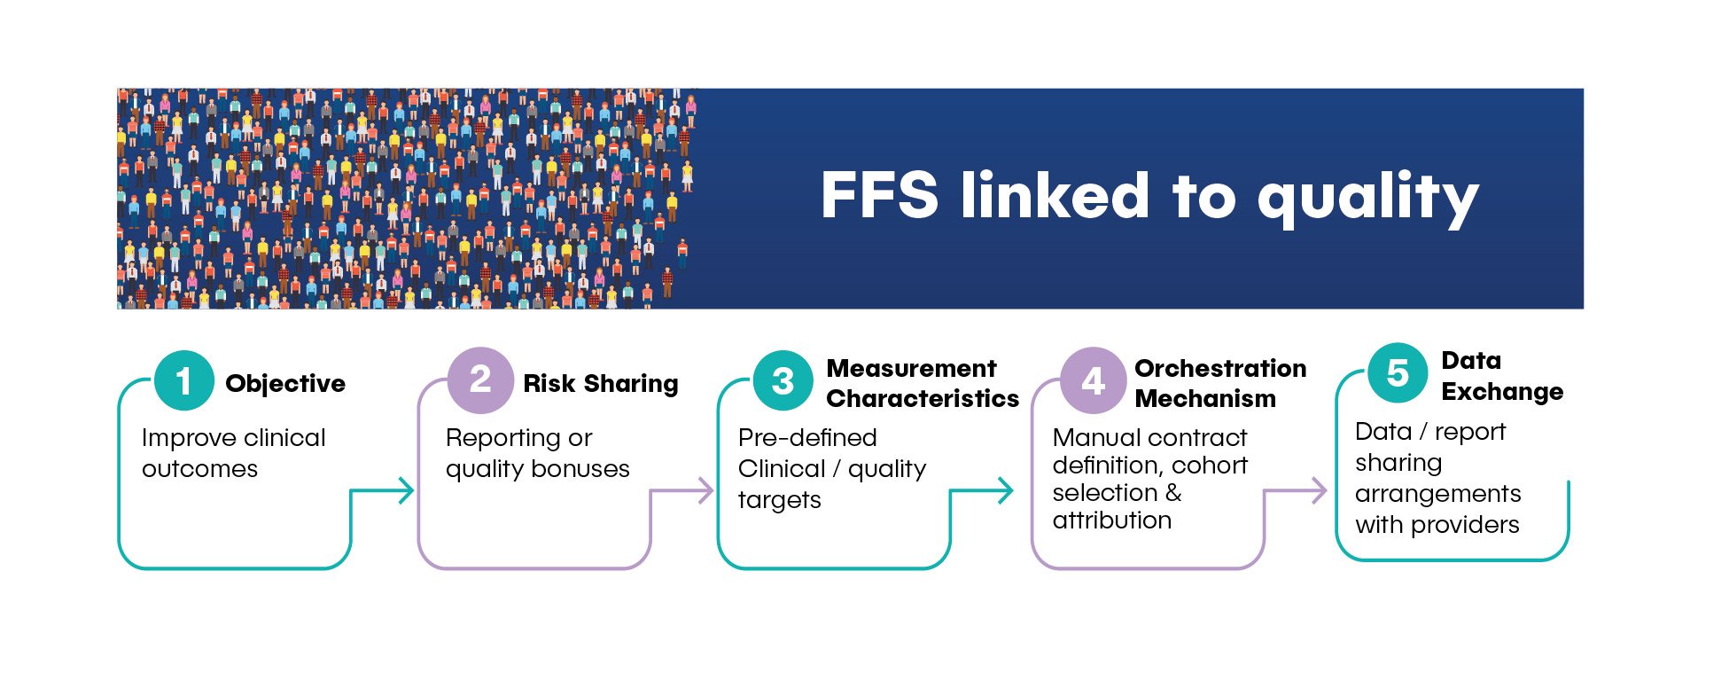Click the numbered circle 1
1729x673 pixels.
tap(183, 381)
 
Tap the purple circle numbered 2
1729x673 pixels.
tap(480, 380)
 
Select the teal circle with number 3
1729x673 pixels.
tap(783, 381)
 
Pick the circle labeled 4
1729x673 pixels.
tap(1093, 380)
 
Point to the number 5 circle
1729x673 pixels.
tap(1398, 373)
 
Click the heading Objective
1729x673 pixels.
tap(285, 384)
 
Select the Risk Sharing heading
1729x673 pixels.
tap(601, 384)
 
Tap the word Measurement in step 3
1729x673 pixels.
tap(911, 368)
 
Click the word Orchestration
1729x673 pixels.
tap(1220, 368)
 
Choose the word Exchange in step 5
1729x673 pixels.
tap(1502, 392)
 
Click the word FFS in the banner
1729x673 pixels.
tap(879, 195)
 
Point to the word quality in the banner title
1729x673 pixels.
tap(1367, 200)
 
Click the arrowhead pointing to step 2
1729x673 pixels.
tap(407, 490)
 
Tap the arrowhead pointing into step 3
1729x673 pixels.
tap(705, 490)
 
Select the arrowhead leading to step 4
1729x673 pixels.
tap(1005, 490)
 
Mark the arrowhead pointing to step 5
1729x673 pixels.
tap(1319, 490)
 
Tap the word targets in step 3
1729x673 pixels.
tap(780, 500)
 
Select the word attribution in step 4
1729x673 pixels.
tap(1112, 520)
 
